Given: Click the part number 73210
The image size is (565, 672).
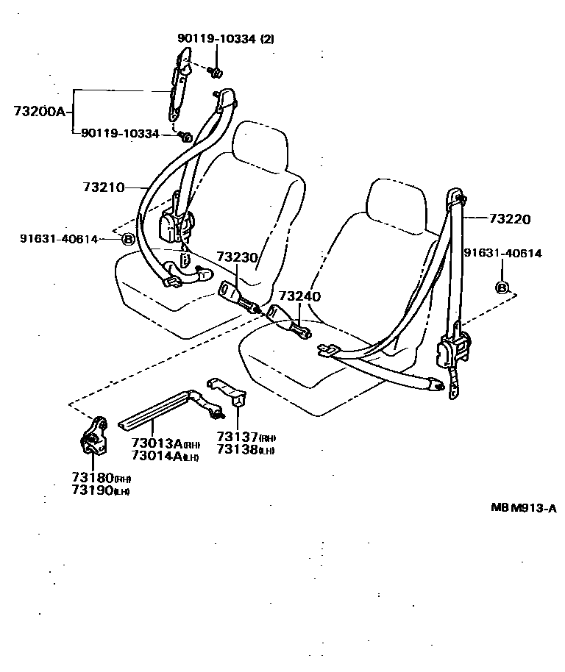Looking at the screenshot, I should point(103,187).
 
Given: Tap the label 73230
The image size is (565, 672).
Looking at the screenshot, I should point(237,257).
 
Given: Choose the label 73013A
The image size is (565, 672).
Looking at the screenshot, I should point(157,443).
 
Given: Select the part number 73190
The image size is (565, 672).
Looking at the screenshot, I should point(92,490).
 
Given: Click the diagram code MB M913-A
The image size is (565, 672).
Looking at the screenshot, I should point(524,507).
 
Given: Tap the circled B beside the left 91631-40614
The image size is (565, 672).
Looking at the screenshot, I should point(127,239).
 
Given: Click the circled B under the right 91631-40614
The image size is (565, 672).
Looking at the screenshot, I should point(502,287).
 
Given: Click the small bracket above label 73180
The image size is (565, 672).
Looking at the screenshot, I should point(92,439).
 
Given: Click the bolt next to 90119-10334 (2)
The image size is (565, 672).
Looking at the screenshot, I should point(216,72).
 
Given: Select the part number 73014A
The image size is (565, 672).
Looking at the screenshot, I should point(157,456).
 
